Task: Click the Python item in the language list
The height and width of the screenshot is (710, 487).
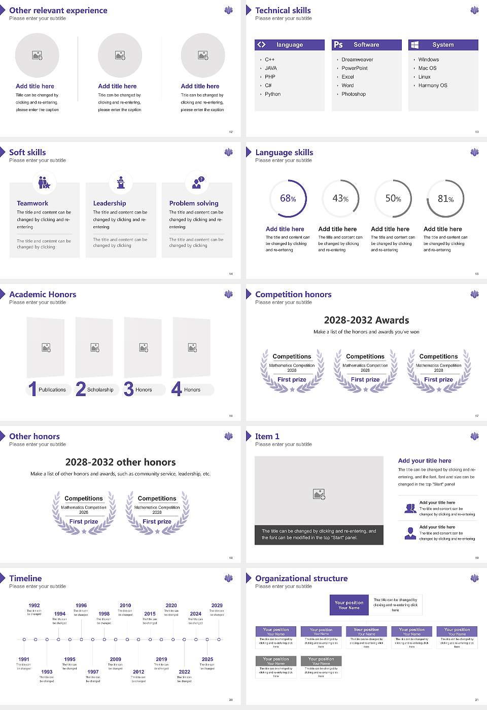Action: coord(272,94)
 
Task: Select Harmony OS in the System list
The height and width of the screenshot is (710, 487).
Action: coord(433,86)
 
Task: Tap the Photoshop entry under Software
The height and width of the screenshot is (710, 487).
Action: coord(354,94)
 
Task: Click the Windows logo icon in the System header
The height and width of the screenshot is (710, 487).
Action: coord(415,45)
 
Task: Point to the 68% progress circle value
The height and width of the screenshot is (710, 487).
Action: coord(288,199)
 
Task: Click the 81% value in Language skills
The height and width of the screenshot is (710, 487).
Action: coord(445,199)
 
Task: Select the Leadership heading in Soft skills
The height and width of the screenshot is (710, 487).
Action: coord(110,203)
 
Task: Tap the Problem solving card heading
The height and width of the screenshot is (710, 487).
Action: coord(194,203)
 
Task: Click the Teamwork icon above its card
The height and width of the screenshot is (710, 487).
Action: coord(44,182)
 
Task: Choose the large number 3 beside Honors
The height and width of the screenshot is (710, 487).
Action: coord(129,389)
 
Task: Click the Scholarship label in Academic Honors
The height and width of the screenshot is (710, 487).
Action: coord(100,390)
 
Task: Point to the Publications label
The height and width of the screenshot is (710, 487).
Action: coord(52,390)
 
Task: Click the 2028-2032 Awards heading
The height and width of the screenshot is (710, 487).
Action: coord(366,320)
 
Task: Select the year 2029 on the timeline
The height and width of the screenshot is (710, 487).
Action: coord(217,606)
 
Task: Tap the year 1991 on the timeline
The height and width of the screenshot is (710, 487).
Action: coord(24,659)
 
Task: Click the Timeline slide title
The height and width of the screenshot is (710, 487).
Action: coord(25,578)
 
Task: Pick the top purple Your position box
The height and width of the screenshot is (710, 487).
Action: coord(349,605)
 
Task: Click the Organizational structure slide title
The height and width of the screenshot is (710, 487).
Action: coord(301,578)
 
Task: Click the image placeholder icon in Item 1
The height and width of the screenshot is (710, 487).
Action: coord(319,494)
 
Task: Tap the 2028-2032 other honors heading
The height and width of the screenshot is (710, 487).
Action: coord(121,462)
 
